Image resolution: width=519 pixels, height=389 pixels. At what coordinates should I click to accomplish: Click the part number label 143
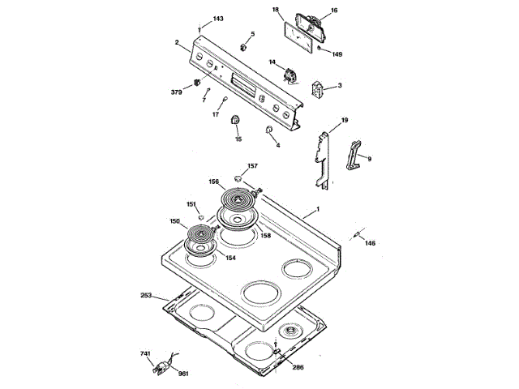(218, 19)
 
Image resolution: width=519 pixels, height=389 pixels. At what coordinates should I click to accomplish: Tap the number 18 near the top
(276, 11)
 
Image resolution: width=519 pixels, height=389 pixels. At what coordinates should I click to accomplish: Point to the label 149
(337, 54)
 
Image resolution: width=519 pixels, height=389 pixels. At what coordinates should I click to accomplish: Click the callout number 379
(176, 92)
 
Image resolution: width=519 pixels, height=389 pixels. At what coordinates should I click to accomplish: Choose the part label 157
(252, 166)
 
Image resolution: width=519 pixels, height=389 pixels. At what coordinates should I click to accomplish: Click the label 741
(145, 354)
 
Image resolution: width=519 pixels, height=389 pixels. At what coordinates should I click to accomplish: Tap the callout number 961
(182, 374)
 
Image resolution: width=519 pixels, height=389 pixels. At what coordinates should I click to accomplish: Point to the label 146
(370, 243)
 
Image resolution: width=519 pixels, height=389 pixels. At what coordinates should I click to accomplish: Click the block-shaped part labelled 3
(319, 88)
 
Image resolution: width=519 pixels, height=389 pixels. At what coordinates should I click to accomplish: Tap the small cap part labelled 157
(238, 177)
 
